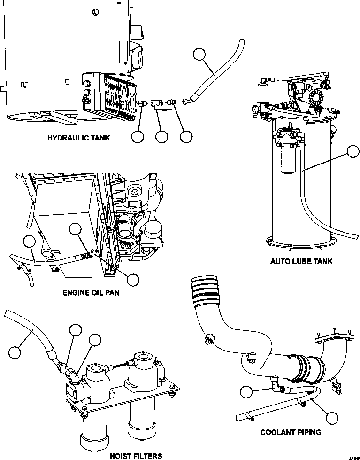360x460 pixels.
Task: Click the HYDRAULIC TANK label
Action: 78,138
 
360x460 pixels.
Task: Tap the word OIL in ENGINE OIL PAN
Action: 91,293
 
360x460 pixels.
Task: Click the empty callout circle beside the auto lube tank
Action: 353,152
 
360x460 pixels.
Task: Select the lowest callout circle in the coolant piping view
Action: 332,419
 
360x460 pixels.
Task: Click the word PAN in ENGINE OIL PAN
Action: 110,293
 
